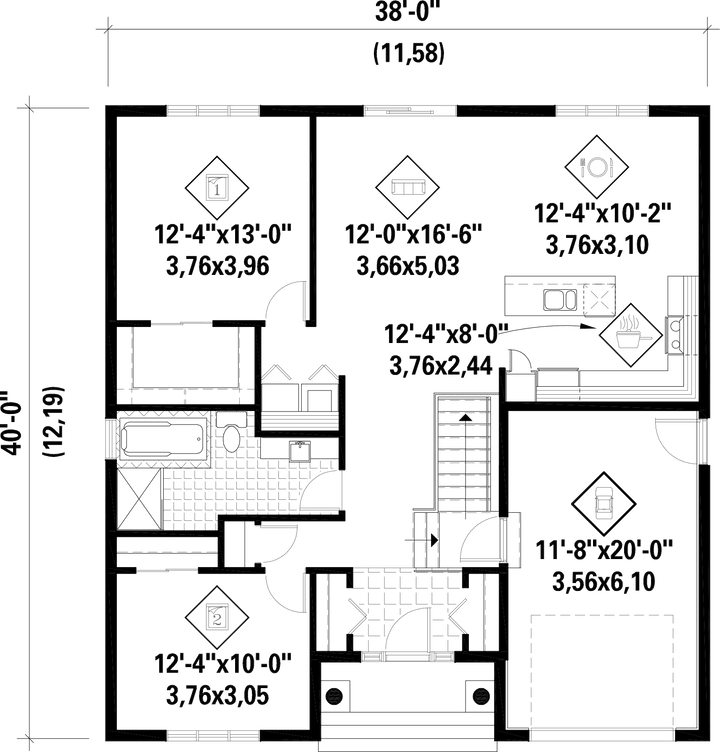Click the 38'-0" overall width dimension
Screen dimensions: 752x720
404,12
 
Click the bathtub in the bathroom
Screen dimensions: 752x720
160,439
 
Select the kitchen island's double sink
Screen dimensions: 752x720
556,296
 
